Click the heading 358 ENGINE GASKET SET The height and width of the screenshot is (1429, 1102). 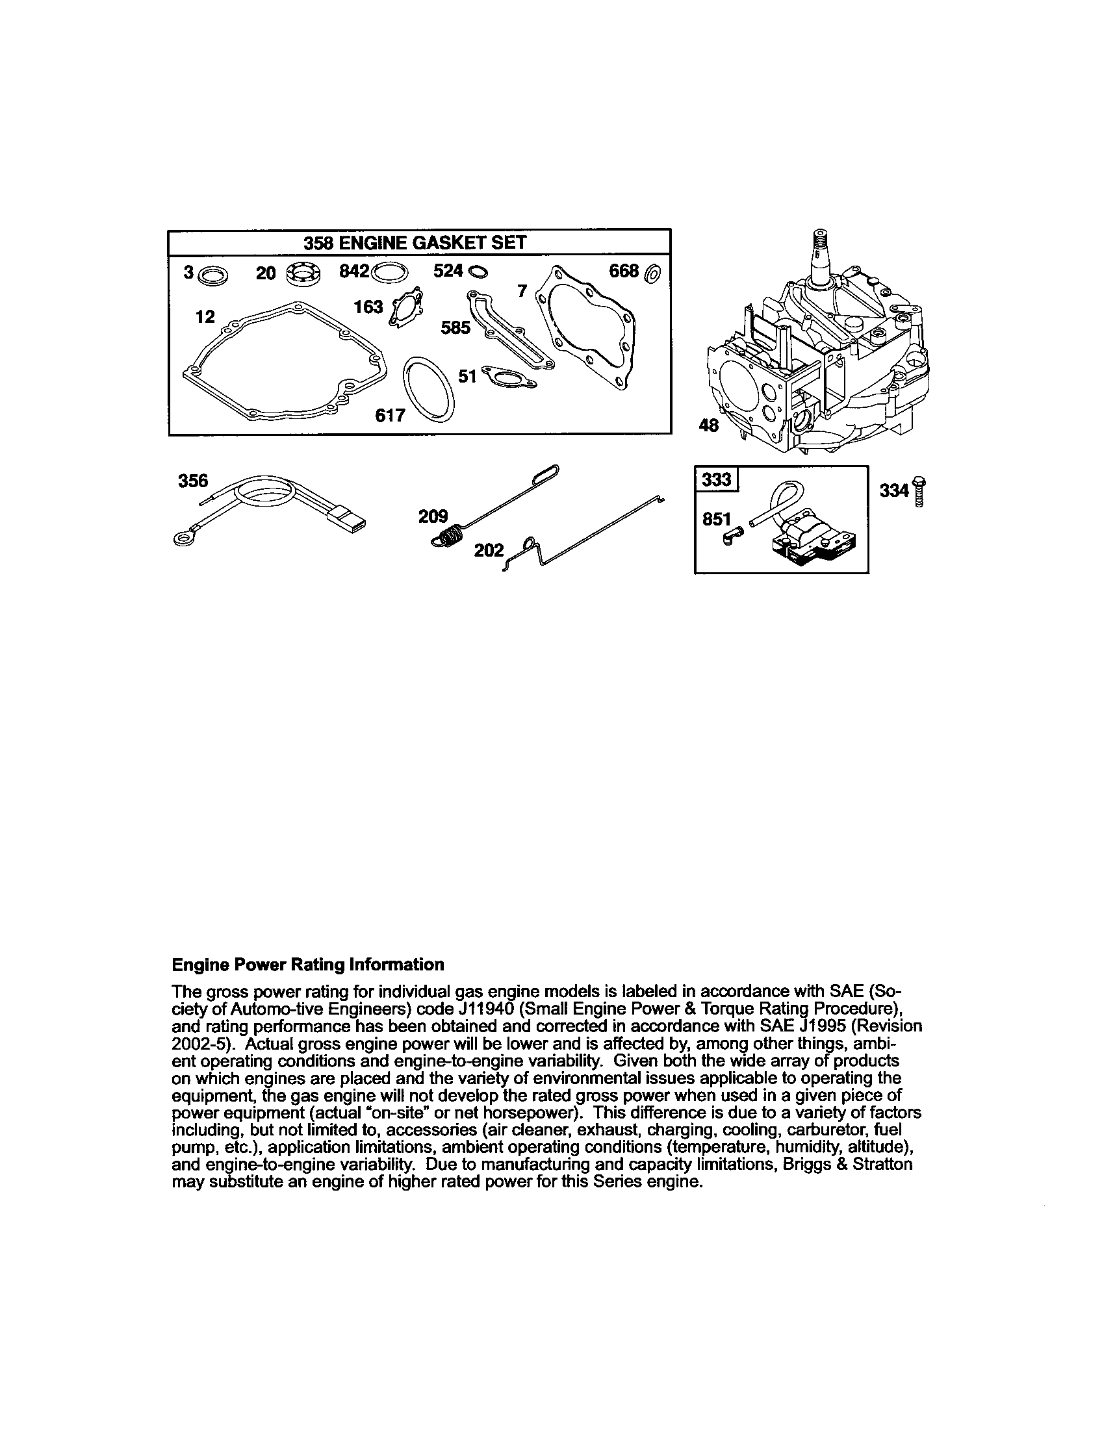[415, 243]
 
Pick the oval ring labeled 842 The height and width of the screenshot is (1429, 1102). [389, 272]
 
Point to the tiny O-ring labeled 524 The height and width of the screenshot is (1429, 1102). [478, 272]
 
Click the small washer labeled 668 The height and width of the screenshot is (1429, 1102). [653, 273]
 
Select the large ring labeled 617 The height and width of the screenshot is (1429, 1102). [429, 388]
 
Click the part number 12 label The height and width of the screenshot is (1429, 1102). [205, 317]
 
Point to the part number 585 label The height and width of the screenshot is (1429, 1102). [455, 327]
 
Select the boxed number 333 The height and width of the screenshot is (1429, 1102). [717, 479]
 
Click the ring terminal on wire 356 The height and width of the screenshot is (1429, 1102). [181, 538]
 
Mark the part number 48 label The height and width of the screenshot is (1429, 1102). [709, 426]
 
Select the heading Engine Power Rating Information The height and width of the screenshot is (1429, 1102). [307, 965]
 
